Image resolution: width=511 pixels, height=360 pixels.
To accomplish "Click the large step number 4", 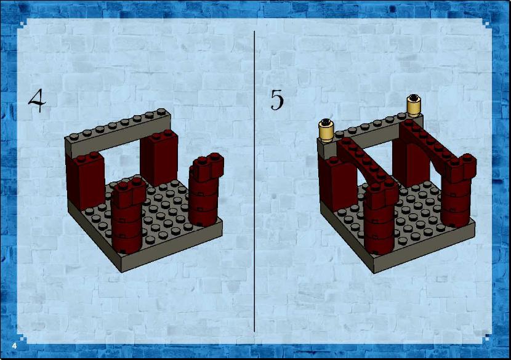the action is (x=37, y=100).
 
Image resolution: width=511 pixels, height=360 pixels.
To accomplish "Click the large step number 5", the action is (x=277, y=100).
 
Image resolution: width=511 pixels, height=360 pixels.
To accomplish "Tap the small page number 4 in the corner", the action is (x=14, y=346).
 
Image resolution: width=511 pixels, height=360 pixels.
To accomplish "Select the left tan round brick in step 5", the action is (x=326, y=130).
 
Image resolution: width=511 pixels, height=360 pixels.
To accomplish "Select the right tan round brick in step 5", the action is (x=414, y=105).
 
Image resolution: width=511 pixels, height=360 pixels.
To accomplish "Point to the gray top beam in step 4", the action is (x=118, y=132).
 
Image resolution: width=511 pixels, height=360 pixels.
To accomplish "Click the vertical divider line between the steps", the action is (x=254, y=181).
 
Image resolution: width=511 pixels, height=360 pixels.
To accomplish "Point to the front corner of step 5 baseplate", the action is (x=374, y=273).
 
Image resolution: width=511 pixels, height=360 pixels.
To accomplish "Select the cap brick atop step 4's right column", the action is (x=207, y=167).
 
